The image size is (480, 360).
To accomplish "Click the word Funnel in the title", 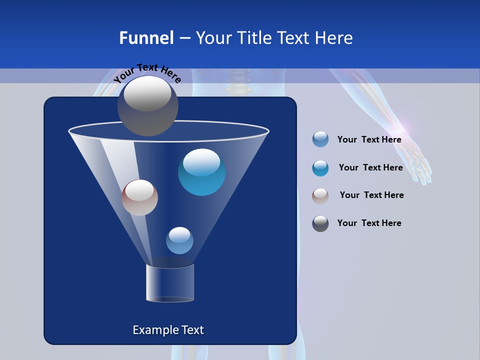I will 146,38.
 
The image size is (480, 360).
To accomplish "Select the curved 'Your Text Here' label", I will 147,73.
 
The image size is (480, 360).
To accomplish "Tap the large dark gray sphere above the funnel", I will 148,105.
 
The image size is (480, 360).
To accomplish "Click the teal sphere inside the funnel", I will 202,172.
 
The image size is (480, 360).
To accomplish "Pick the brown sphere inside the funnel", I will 139,197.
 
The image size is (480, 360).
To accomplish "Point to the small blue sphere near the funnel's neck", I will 179,240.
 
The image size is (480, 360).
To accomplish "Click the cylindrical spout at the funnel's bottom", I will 169,283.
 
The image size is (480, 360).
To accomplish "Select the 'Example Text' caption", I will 168,330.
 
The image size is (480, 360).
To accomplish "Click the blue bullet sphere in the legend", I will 320,139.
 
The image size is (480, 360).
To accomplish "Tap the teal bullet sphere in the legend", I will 320,168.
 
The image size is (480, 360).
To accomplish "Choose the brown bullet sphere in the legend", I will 320,196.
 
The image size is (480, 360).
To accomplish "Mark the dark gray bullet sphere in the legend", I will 320,223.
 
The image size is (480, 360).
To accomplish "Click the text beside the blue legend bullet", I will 369,140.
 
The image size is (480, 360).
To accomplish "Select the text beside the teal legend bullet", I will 370,168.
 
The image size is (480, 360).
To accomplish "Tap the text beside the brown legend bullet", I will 371,195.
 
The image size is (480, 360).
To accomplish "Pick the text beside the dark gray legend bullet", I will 369,223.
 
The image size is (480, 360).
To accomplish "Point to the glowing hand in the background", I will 416,160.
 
